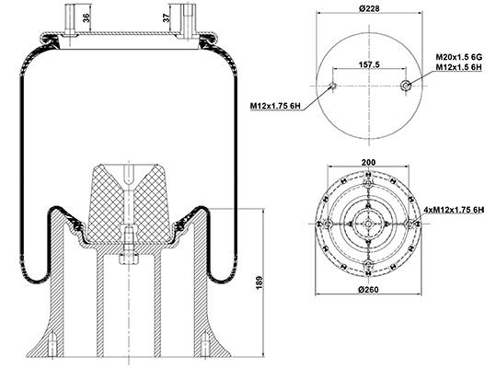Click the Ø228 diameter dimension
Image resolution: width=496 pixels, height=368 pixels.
coord(369,8)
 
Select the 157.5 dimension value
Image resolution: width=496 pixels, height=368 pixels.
coord(369,64)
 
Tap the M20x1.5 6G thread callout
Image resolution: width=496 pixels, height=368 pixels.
coord(458,57)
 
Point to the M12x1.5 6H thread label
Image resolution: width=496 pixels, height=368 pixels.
coord(458,67)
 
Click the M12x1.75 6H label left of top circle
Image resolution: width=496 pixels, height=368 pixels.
coord(275,106)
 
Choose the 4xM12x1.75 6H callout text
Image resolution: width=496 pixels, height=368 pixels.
coord(454,210)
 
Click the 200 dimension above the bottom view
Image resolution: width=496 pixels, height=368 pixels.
coord(368,162)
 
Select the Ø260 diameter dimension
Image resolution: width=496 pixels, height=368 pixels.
coord(369,289)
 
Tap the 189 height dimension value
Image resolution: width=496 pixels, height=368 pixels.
coord(260,282)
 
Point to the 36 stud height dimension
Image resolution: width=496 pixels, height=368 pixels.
coord(87,17)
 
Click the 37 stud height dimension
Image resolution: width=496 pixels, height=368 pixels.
coord(167,18)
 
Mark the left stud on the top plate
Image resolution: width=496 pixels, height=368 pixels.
coord(70,20)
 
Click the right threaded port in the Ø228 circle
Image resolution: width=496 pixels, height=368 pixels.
coord(405,85)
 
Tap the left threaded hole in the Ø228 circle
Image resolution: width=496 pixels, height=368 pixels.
coord(332,86)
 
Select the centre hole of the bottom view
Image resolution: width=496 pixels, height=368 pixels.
coord(368,224)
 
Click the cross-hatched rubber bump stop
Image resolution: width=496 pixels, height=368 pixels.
coord(128,203)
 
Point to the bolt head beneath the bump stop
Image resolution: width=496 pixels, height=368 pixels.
coord(129,259)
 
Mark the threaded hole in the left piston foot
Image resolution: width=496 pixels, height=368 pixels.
coord(52,344)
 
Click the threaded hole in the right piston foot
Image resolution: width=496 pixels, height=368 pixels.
coord(205,344)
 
